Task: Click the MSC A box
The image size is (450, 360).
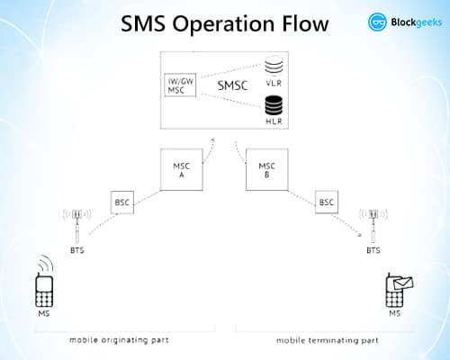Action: coord(182,169)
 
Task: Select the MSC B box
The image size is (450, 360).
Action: coord(267,169)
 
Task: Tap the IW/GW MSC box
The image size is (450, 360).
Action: coord(180,85)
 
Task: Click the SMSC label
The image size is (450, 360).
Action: coord(233,85)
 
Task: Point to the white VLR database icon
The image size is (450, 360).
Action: coord(274,66)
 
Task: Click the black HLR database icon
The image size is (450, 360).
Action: coord(274,105)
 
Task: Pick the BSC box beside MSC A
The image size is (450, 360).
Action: coord(122,202)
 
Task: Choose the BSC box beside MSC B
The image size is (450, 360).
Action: coord(327,202)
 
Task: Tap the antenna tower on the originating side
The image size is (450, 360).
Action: coord(77,226)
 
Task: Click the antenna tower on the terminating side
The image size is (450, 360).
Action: coord(373,226)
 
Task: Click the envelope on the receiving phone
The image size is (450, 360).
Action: coord(403,283)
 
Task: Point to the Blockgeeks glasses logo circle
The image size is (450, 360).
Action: coord(377,22)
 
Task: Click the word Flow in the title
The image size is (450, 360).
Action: coord(305,23)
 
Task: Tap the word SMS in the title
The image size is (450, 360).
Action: coord(143,23)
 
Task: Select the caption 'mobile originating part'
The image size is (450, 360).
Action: coord(119,340)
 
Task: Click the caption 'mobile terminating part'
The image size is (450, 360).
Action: coord(328,340)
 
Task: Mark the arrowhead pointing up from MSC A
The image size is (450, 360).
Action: coord(213,139)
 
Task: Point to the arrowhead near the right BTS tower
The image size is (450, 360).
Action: coord(359,235)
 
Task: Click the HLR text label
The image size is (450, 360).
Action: coord(274,121)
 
